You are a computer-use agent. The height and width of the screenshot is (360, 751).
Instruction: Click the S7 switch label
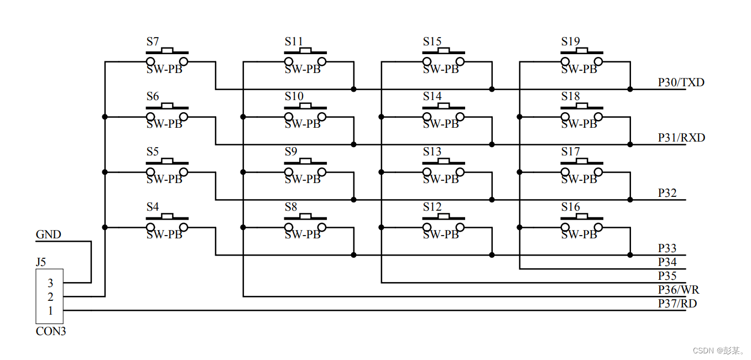tap(153, 41)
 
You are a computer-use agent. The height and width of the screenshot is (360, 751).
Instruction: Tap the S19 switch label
tap(570, 41)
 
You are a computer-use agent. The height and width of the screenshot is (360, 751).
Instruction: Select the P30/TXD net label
tap(681, 82)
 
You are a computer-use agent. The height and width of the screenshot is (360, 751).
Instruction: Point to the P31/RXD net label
tap(681, 138)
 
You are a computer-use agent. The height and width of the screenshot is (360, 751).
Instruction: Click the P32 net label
tap(667, 193)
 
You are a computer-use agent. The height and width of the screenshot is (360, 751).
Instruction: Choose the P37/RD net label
tap(677, 304)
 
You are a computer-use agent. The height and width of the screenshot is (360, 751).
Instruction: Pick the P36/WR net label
tap(679, 290)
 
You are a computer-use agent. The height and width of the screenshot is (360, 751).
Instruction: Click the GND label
tap(48, 234)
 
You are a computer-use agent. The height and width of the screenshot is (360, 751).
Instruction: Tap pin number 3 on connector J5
tap(50, 283)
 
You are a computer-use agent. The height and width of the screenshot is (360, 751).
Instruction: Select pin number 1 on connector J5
tap(50, 311)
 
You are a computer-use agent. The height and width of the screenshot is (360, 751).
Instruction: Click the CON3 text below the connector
tap(51, 331)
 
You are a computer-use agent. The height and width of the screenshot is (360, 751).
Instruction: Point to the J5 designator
tap(40, 262)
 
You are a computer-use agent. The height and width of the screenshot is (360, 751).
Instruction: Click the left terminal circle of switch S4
tap(150, 227)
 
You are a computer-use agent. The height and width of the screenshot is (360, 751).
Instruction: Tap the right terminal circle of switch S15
tap(460, 62)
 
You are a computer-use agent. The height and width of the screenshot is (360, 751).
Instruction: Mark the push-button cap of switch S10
tap(305, 106)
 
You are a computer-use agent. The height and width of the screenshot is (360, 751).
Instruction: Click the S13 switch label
tap(432, 152)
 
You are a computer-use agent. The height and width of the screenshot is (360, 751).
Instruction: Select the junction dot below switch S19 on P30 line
tap(630, 89)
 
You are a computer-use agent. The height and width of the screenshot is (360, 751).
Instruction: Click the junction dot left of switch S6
tap(105, 117)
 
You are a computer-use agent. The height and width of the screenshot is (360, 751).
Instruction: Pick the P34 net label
tap(667, 262)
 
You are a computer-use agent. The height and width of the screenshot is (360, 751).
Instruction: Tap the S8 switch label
tap(291, 207)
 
